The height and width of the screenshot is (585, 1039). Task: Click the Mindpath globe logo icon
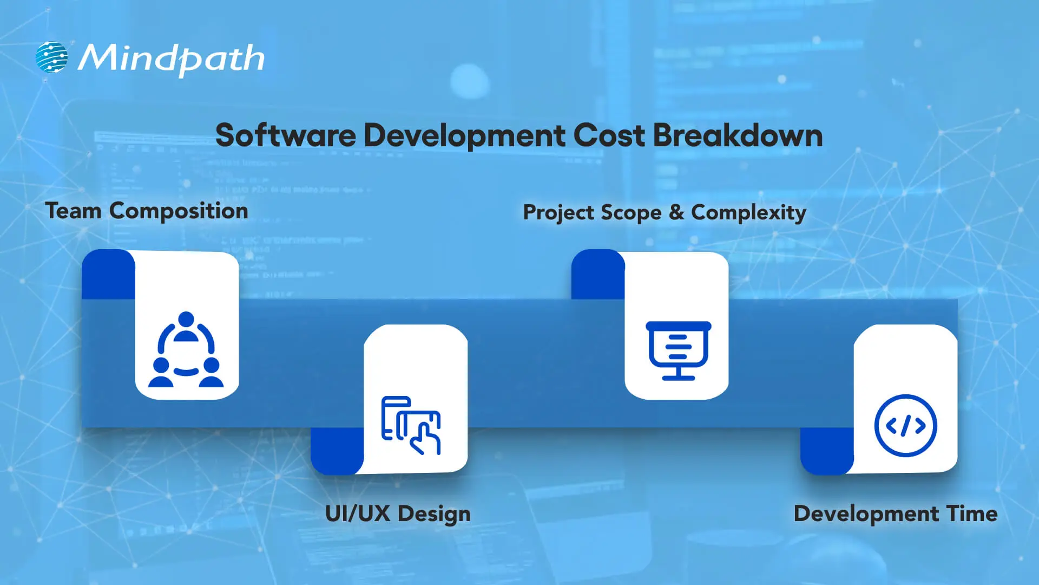52,57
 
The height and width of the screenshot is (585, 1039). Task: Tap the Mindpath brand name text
171,58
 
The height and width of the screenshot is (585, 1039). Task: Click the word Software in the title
286,135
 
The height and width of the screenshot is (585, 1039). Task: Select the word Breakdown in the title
738,135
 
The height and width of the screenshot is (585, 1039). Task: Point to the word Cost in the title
609,135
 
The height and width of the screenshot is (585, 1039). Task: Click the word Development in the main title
464,136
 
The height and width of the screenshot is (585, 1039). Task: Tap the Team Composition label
147,211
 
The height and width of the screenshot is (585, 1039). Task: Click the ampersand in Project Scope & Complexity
676,212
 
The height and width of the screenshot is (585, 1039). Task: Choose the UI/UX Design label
398,514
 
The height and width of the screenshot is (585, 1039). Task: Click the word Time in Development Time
972,513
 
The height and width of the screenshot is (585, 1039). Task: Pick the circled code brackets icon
905,426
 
